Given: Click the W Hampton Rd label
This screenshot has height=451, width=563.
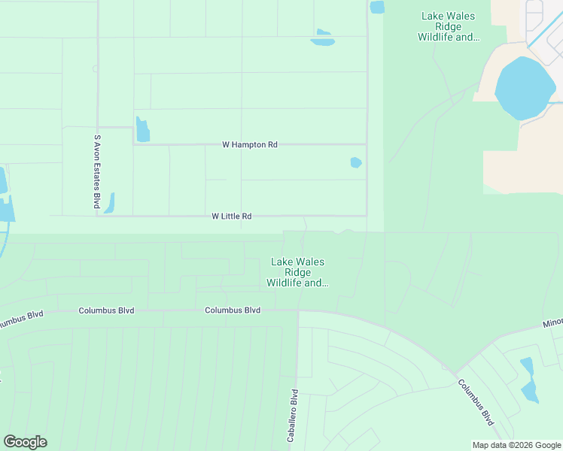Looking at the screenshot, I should (250, 144).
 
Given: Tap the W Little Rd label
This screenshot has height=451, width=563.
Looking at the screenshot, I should (231, 216).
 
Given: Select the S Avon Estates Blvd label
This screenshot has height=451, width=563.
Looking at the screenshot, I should (96, 171).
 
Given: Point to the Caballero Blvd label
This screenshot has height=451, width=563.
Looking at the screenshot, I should (294, 410).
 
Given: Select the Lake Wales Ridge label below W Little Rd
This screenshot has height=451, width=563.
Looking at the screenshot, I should (297, 272).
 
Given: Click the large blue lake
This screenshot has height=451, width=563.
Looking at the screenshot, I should (525, 87).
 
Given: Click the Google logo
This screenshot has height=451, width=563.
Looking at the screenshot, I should (25, 442).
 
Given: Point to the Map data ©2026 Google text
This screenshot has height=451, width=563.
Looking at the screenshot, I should (516, 445).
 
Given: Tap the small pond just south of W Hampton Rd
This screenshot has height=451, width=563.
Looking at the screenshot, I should (356, 162).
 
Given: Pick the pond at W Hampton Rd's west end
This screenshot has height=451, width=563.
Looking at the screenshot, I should (142, 130).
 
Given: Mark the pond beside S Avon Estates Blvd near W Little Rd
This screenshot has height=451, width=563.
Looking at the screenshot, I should (110, 203).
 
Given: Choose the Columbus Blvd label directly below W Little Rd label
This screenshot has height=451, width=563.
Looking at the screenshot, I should (233, 310).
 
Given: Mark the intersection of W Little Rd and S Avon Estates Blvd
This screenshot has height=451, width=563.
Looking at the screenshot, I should (97, 216).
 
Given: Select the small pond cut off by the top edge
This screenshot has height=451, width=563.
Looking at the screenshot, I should (376, 7).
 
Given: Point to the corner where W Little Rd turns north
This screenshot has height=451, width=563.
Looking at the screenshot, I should (367, 216).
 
